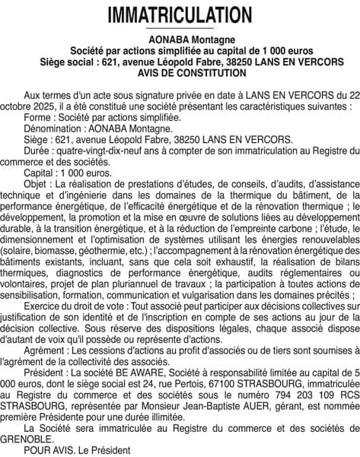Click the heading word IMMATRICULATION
(180, 14)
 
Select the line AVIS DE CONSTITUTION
(180, 74)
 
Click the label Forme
(36, 118)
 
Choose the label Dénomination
(54, 129)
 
